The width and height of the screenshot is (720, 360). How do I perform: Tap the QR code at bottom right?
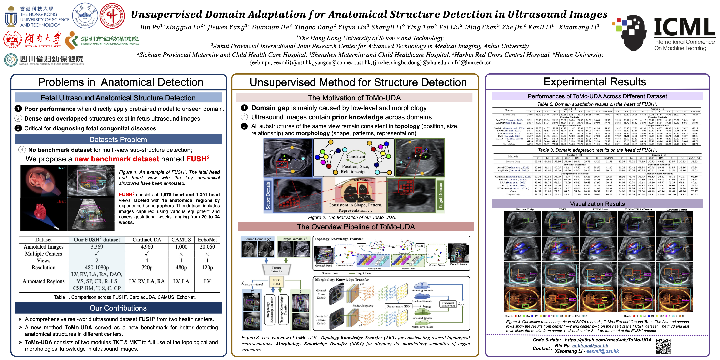[x=663, y=346]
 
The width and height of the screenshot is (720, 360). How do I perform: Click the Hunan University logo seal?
[x=12, y=39]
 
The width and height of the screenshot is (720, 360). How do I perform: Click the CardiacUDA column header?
[x=147, y=240]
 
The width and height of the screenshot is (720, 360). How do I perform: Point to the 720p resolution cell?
[x=147, y=267]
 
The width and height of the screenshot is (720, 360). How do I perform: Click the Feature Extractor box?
[x=276, y=269]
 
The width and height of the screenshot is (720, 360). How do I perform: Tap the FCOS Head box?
[x=276, y=282]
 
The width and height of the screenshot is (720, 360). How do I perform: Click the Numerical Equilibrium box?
[x=448, y=304]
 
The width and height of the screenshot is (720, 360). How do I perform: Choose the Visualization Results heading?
[x=597, y=204]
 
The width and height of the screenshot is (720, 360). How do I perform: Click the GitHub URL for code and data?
[x=608, y=340]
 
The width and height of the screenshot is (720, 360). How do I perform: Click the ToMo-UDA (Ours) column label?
[x=638, y=209]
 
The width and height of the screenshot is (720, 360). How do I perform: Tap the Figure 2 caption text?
[x=352, y=217]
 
